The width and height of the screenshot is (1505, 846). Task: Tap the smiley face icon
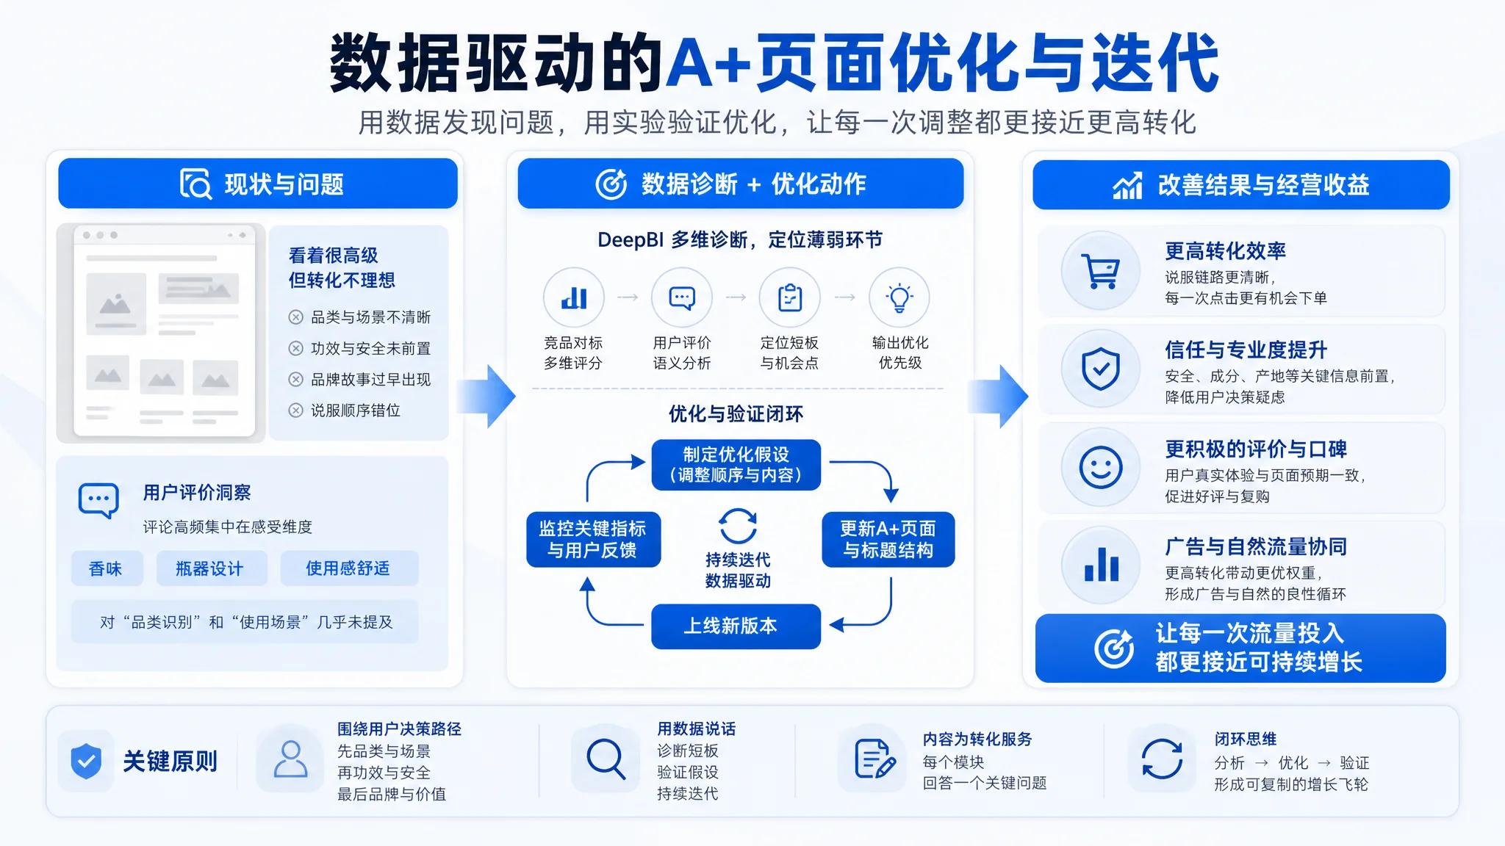[x=1101, y=467]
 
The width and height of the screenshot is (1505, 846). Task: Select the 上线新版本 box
[x=736, y=626]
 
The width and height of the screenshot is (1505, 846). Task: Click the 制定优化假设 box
[x=736, y=465]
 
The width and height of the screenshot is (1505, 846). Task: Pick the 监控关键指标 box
[x=593, y=539]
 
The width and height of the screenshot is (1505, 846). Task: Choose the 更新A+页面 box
[x=888, y=539]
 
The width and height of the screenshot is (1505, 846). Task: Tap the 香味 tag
[x=107, y=568]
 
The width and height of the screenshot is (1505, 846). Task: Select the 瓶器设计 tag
[x=211, y=568]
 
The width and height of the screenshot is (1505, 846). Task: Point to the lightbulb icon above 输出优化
[x=899, y=297]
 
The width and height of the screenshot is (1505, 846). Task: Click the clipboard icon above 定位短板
[x=790, y=297]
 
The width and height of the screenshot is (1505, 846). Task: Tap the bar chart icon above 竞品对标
[x=574, y=298]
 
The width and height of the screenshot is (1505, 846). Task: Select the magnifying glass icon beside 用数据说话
[x=606, y=759]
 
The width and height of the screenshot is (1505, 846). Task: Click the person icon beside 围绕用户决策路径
[x=290, y=759]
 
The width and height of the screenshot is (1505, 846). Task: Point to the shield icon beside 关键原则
[x=86, y=761]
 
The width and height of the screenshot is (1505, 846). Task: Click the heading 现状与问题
[x=284, y=184]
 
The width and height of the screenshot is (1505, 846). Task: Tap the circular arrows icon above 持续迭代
[x=737, y=526]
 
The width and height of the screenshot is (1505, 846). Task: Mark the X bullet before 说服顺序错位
[x=295, y=411]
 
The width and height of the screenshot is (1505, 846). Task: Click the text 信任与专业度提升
[x=1246, y=350]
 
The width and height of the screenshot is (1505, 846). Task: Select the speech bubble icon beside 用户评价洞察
[x=98, y=501]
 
